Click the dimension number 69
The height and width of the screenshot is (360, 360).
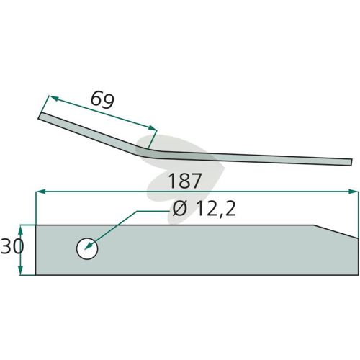(102, 100)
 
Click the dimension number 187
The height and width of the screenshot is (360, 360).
(184, 181)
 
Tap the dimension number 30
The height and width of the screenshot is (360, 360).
(12, 247)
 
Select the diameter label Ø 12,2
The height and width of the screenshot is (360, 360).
(204, 209)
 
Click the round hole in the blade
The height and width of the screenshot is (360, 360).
(87, 249)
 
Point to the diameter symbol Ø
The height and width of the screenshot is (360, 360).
(179, 209)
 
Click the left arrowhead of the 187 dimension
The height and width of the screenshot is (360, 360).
(40, 192)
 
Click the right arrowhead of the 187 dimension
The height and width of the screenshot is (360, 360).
(354, 192)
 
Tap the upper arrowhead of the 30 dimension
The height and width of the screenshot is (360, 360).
(21, 230)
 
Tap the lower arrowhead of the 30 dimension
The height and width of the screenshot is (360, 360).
(21, 271)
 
